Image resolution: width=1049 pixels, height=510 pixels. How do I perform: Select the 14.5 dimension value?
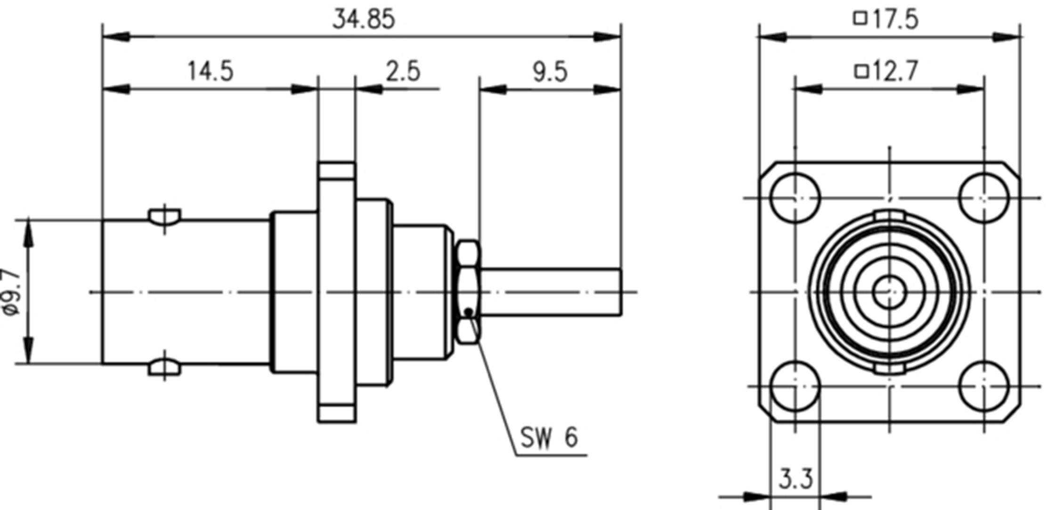point(211,72)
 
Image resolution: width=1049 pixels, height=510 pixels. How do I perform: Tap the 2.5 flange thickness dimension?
point(403,72)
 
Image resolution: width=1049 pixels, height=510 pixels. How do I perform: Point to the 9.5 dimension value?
point(550,73)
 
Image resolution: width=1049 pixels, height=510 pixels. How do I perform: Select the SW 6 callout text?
point(549,437)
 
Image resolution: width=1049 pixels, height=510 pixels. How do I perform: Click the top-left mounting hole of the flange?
point(795,198)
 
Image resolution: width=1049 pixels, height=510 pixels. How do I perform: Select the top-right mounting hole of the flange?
point(984,198)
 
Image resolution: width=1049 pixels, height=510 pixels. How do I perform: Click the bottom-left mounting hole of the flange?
point(795,386)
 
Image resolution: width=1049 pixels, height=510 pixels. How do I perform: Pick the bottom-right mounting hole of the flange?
point(984,386)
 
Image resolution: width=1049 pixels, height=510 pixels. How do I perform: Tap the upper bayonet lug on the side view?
point(164,216)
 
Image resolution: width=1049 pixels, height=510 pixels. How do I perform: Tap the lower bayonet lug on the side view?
point(164,368)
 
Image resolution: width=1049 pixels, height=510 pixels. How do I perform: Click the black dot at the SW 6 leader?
point(468,311)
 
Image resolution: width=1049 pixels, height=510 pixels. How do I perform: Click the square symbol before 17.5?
point(861,18)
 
